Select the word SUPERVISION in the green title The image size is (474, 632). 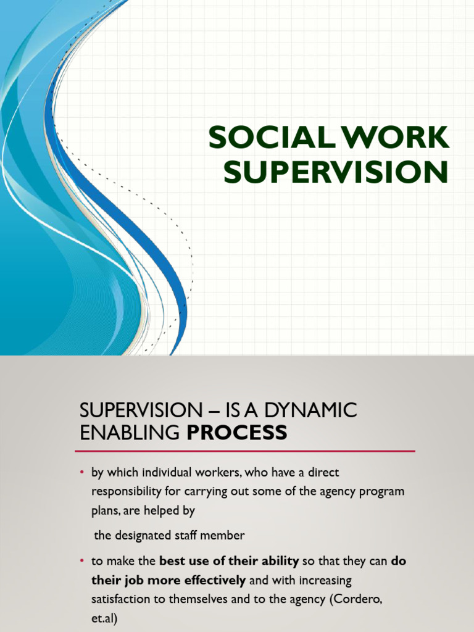(x=335, y=172)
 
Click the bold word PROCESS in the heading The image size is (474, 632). (x=237, y=433)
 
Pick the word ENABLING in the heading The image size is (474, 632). (x=130, y=433)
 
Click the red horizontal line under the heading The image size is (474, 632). (x=247, y=451)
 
